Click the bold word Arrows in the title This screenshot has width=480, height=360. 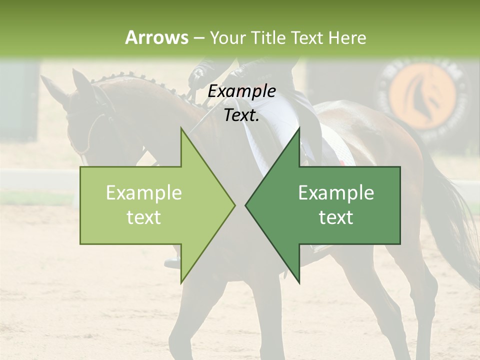[156, 37]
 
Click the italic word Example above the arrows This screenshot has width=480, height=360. [241, 91]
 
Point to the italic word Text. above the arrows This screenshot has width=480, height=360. [241, 115]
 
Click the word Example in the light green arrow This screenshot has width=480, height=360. [143, 193]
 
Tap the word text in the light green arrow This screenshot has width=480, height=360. [143, 217]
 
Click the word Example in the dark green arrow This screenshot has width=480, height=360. [336, 193]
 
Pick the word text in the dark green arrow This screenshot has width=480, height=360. [336, 217]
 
